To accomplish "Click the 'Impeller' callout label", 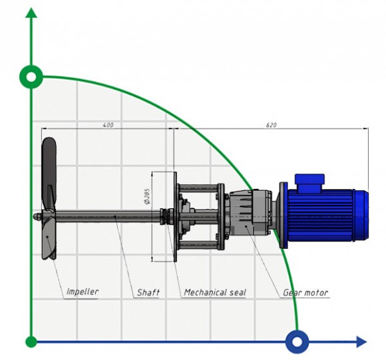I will [x=82, y=291].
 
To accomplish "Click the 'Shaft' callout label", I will [x=148, y=292].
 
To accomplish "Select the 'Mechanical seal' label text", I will [x=214, y=292].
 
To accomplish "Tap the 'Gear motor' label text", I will [x=306, y=292].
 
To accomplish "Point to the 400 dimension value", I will [x=108, y=124].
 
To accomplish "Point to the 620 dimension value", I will [x=271, y=124].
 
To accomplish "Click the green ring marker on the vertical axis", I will [x=31, y=77].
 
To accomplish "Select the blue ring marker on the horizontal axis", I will [x=297, y=342].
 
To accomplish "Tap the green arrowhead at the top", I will [x=31, y=15].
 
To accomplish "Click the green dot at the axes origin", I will [x=31, y=342].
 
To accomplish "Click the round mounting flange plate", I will [x=174, y=214].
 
